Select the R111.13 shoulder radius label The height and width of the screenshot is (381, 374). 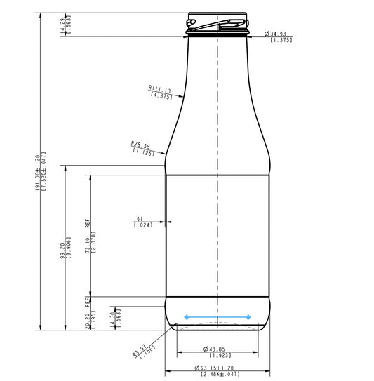161,89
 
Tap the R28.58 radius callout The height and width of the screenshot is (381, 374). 142,145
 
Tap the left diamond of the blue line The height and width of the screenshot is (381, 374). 186,317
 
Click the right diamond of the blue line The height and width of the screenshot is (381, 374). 248,317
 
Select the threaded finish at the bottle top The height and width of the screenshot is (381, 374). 218,23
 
